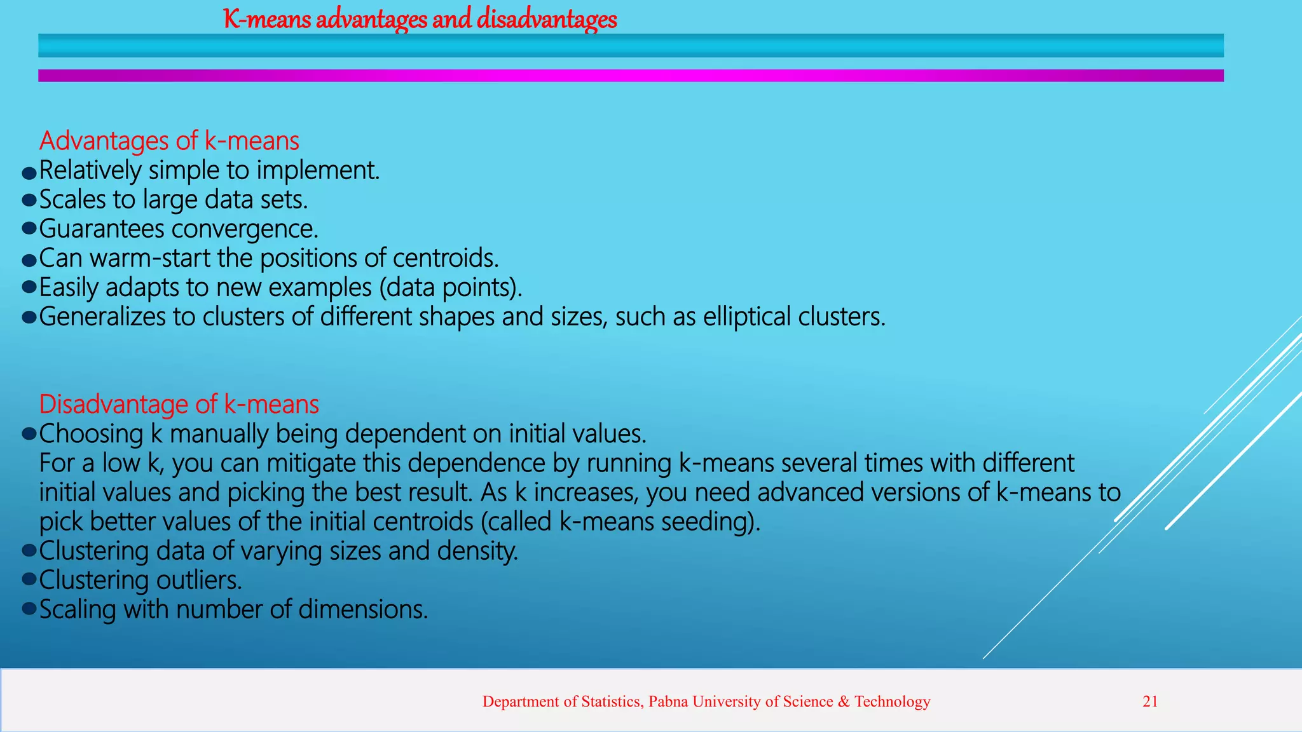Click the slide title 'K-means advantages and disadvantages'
[x=420, y=19]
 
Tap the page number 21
[x=1150, y=701]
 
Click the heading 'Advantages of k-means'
[x=169, y=140]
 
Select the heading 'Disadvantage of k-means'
[x=179, y=404]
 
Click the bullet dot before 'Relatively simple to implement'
[x=29, y=173]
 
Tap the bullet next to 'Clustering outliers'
[x=29, y=579]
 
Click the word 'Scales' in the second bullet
[x=72, y=200]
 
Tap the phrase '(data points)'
[x=451, y=288]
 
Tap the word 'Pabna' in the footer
[x=668, y=701]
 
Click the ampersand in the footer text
[x=844, y=701]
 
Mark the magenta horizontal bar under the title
[x=631, y=76]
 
